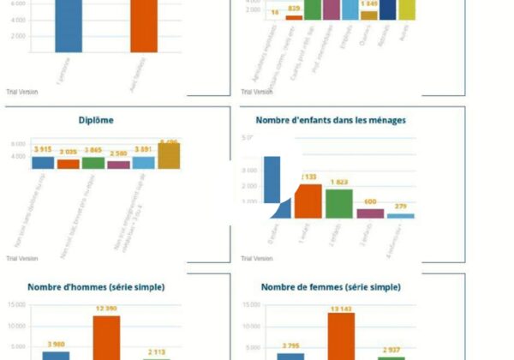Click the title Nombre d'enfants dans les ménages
point(331,121)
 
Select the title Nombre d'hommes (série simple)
point(96,287)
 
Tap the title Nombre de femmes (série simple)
point(331,287)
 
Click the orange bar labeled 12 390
point(106,338)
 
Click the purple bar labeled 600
point(370,213)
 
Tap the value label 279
point(401,207)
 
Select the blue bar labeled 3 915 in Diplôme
point(43,162)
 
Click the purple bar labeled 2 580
point(118,164)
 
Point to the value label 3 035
point(69,152)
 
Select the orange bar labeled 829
point(294,17)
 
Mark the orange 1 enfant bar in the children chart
point(308,201)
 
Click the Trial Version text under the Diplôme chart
point(21,258)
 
